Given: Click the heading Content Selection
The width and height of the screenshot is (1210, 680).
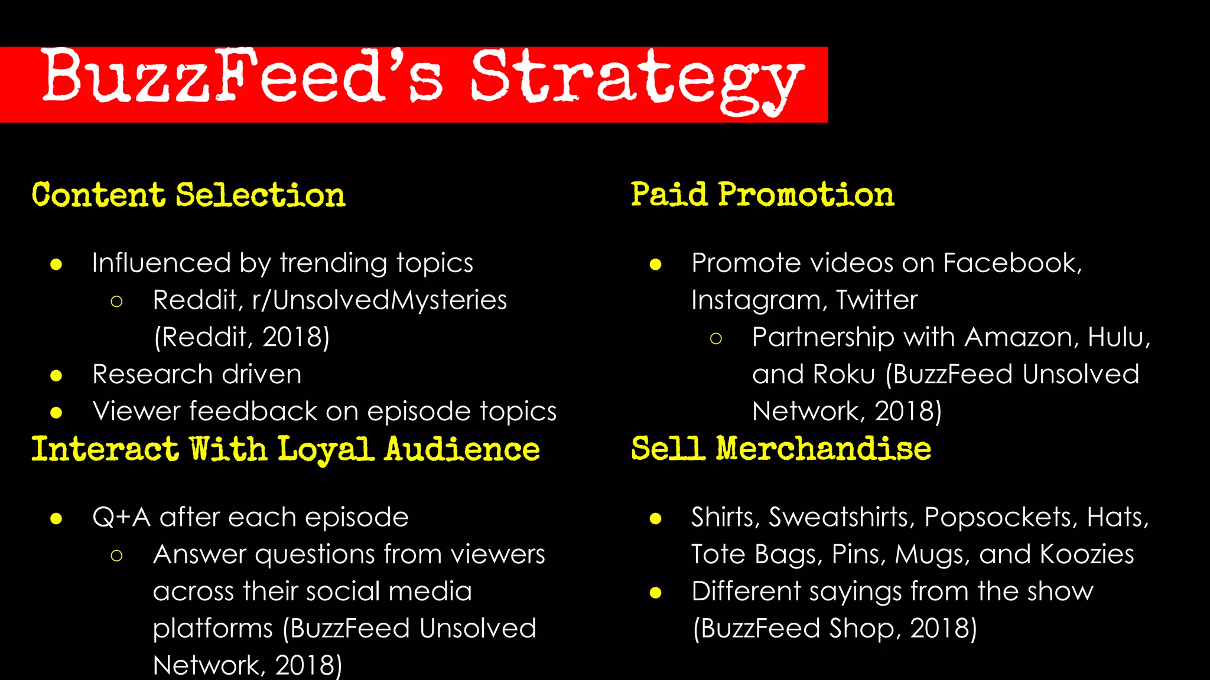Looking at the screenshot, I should (x=188, y=195).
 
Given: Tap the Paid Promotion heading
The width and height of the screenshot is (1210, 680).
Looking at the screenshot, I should (x=762, y=195).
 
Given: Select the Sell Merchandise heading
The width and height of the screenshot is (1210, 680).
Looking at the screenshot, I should (x=780, y=449).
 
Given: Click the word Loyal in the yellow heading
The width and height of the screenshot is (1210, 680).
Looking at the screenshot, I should (x=326, y=450).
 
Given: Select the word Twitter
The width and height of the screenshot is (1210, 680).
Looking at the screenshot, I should (x=877, y=300).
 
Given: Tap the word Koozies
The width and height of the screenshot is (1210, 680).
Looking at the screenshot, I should (x=1087, y=554).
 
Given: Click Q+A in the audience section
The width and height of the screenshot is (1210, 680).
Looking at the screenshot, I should (x=121, y=518).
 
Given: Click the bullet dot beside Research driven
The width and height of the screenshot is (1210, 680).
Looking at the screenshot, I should (x=56, y=375).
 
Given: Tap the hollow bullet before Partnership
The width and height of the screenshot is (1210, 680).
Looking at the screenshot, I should (x=715, y=338).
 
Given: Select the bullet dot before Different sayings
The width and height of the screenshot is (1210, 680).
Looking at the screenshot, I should (x=655, y=593).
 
